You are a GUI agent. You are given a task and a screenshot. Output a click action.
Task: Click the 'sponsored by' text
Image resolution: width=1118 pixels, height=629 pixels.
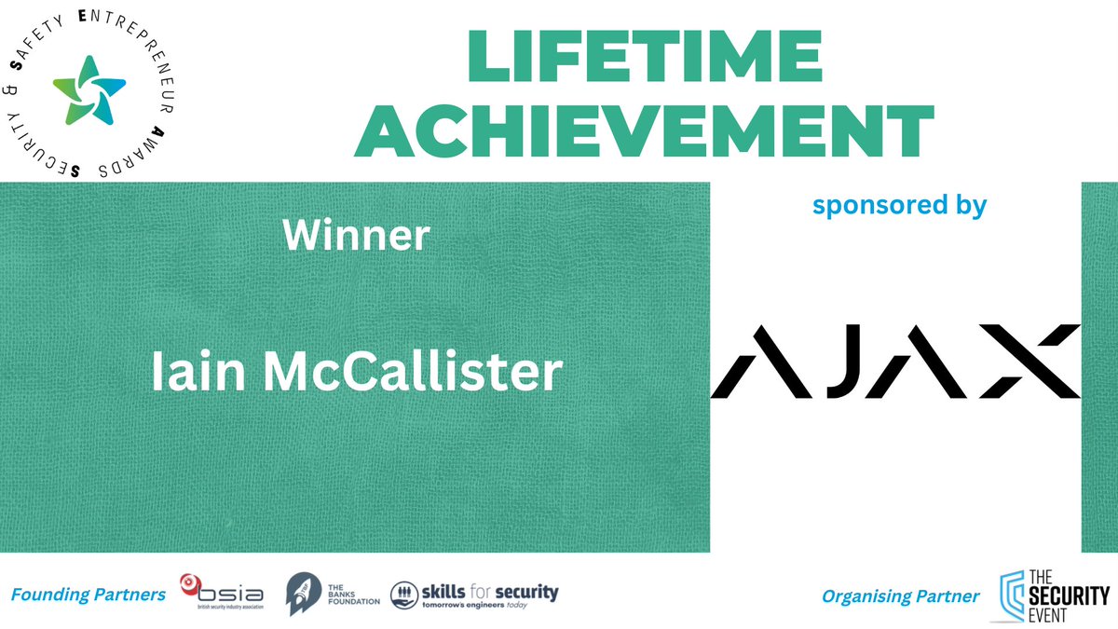(x=899, y=205)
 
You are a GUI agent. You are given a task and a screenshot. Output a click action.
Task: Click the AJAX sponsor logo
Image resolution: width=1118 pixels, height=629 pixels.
(x=895, y=362)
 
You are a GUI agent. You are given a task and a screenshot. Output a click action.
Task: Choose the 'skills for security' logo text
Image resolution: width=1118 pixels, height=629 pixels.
(x=490, y=593)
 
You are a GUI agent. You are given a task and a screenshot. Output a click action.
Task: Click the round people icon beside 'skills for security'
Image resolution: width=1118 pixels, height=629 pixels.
(x=402, y=593)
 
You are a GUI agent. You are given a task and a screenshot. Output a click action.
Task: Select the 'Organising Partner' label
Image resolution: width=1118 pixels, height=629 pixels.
(x=900, y=595)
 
